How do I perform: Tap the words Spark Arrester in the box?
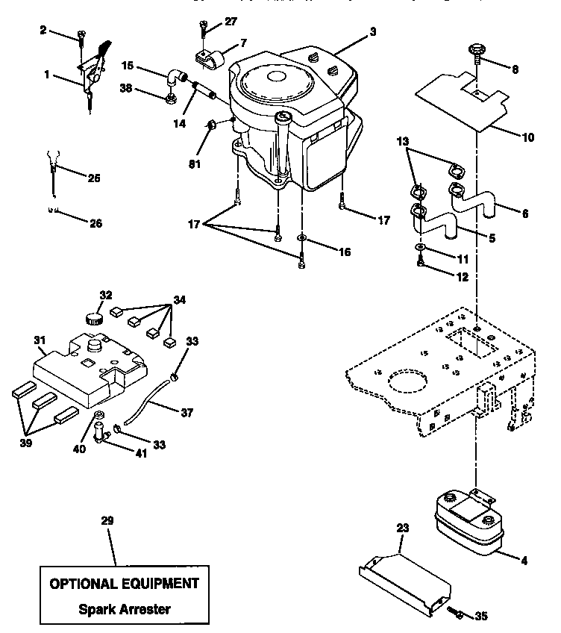coord(125,608)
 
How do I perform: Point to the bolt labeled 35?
coord(458,614)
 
